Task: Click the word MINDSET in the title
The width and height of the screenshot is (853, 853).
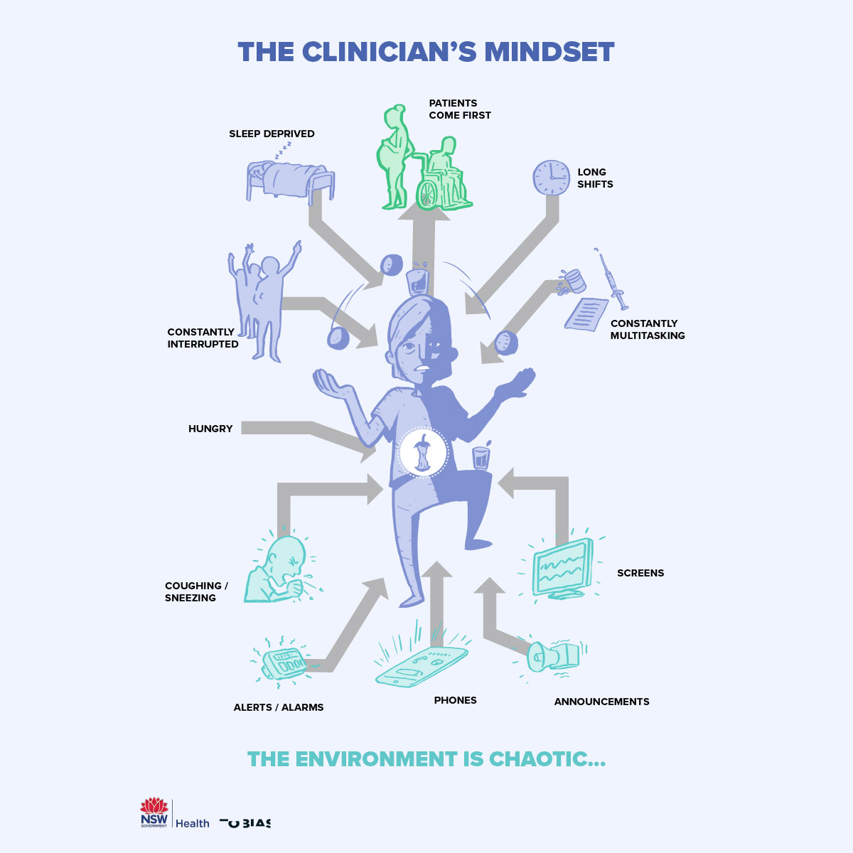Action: (x=549, y=52)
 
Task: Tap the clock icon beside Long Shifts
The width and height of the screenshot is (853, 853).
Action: (x=551, y=178)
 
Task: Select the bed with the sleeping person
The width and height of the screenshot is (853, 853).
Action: (x=290, y=181)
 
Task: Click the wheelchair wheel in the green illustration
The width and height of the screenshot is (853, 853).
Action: (x=427, y=194)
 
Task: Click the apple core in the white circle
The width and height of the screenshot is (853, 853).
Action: (x=423, y=452)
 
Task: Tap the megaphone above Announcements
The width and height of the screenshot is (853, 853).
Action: (x=553, y=657)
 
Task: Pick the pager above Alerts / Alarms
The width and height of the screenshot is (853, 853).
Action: (x=284, y=663)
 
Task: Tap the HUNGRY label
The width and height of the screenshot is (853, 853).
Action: (x=210, y=429)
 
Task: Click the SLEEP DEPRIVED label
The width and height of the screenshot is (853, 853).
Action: (x=272, y=134)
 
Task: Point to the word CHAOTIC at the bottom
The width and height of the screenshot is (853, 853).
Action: (x=547, y=758)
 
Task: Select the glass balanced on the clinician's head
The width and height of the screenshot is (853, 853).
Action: (x=417, y=280)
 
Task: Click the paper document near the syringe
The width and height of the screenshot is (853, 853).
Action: (x=586, y=314)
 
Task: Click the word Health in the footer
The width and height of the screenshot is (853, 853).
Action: (x=193, y=823)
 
